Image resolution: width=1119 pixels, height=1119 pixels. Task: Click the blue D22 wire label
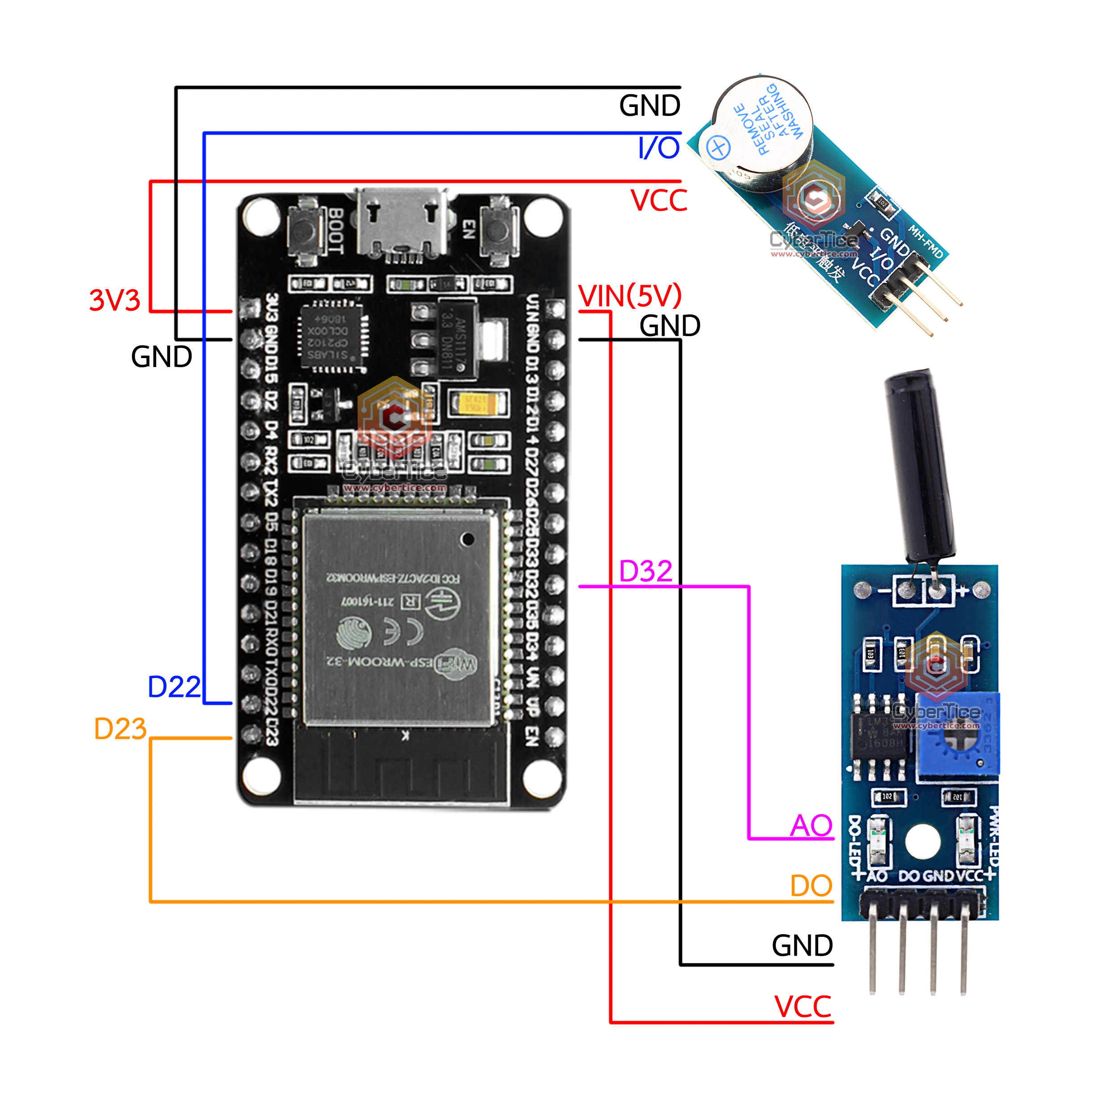pos(174,687)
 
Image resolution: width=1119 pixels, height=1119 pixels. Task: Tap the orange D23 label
pos(120,729)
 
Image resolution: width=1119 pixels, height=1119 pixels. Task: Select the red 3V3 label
pos(115,300)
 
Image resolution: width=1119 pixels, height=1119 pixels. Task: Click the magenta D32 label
pos(645,571)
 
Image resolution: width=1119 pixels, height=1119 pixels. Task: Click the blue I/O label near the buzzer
pos(658,148)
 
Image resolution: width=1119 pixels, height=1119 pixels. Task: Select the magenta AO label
pos(811,825)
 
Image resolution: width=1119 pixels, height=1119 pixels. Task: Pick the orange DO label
pos(811,886)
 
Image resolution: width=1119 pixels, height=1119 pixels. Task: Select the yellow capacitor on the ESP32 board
pos(476,402)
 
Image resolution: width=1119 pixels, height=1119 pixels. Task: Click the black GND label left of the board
pos(162,357)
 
